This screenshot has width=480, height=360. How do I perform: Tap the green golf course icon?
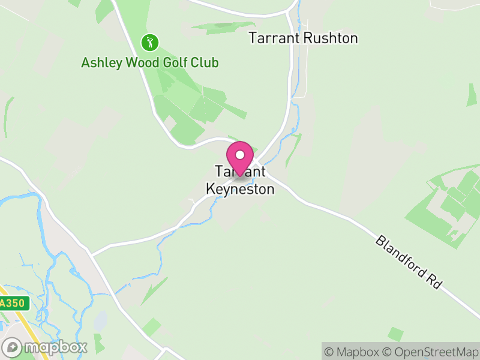pos(149,43)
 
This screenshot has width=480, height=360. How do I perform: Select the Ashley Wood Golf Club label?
pos(149,62)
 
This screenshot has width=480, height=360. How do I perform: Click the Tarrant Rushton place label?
pos(303,38)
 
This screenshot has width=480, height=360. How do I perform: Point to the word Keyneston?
pos(240,189)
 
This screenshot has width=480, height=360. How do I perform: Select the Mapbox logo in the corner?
pos(45,347)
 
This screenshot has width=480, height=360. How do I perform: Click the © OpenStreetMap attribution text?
pos(430,352)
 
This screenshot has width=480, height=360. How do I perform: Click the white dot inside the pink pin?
pos(240,155)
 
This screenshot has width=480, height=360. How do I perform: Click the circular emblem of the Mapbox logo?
pos(13,347)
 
